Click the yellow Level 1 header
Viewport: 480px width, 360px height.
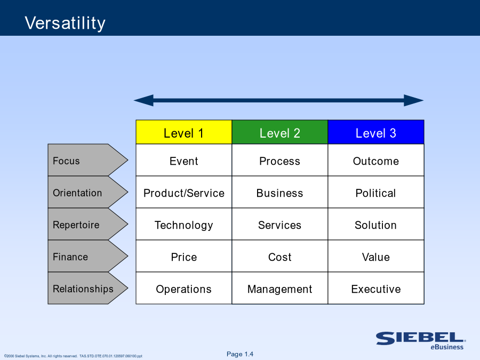click(183, 132)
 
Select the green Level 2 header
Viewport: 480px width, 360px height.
click(280, 132)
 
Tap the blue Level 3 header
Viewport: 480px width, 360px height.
click(376, 132)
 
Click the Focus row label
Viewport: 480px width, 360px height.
click(87, 160)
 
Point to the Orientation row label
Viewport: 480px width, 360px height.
click(87, 192)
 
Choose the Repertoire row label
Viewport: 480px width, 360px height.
click(87, 224)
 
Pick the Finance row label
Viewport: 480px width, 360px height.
click(87, 256)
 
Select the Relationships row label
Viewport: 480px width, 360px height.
click(87, 288)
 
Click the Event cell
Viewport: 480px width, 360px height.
click(183, 160)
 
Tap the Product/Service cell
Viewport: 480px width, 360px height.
click(183, 192)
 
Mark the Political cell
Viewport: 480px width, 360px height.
click(376, 192)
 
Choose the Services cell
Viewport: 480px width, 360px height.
click(280, 224)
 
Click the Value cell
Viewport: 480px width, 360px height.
click(376, 256)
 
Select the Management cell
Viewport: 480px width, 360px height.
click(280, 288)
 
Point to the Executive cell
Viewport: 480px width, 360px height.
click(376, 288)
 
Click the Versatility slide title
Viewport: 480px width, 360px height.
click(65, 23)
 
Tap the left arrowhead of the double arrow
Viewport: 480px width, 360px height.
click(143, 100)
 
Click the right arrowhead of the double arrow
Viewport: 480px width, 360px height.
click(414, 100)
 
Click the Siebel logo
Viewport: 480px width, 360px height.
click(421, 341)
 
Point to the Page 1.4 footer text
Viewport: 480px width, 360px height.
click(240, 354)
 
